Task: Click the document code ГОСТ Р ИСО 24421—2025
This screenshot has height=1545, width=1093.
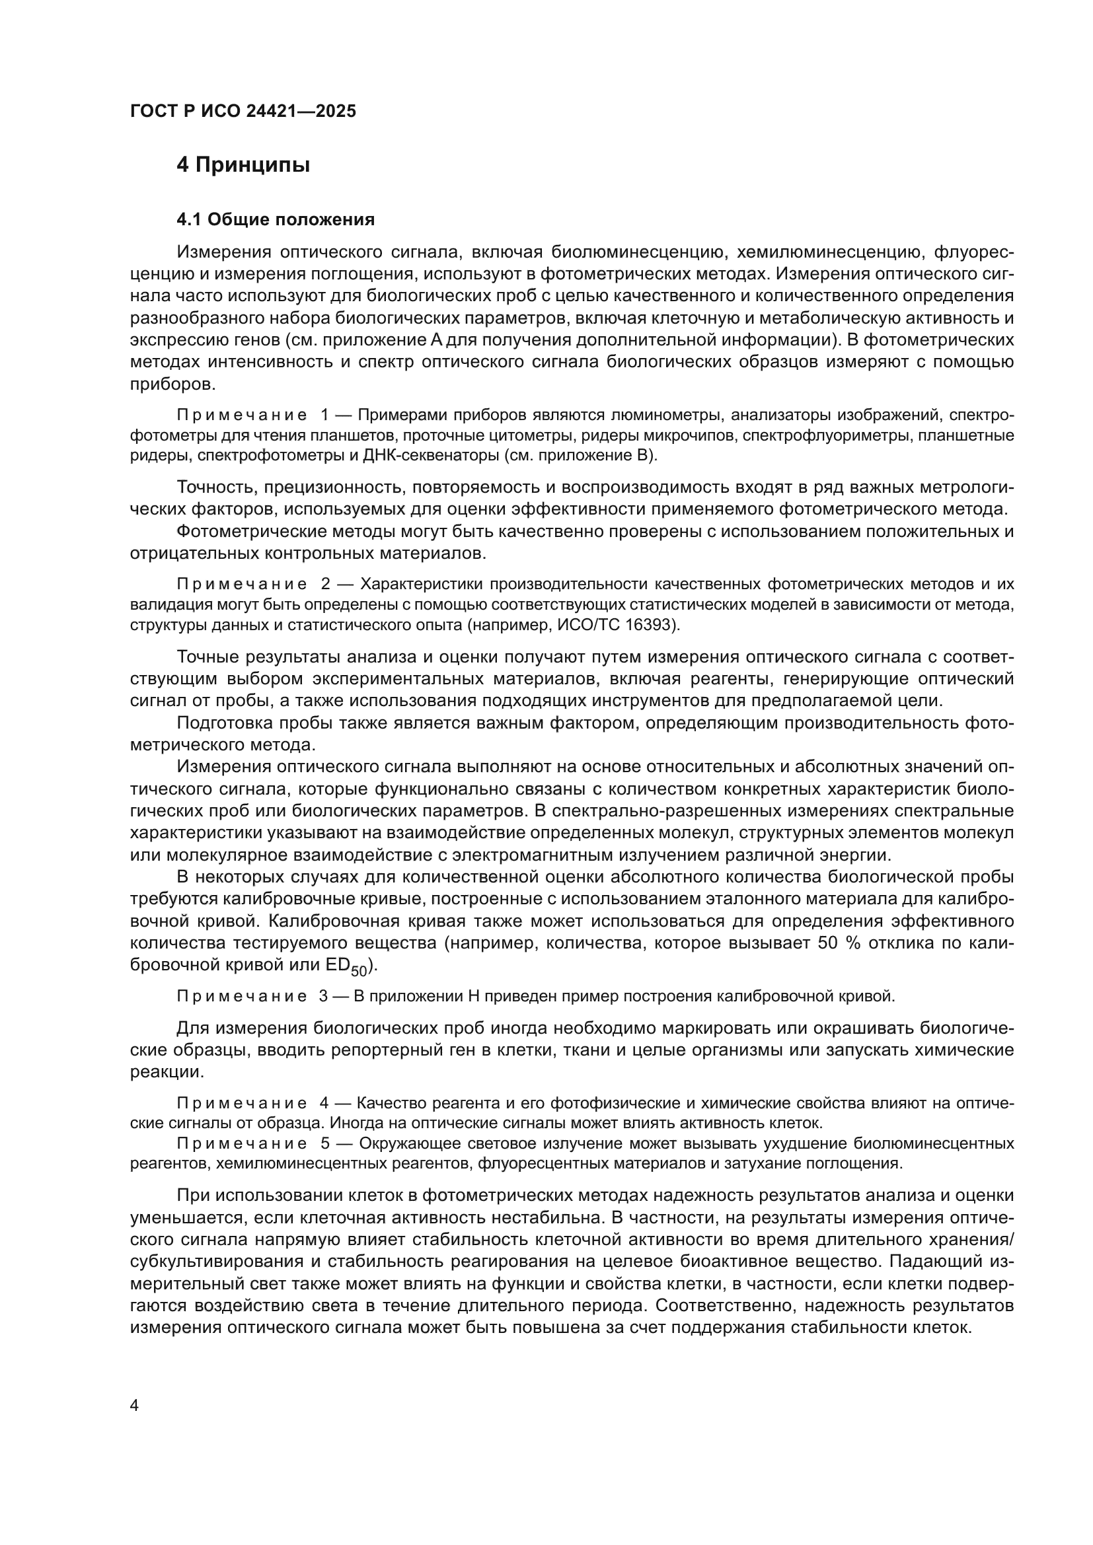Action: (x=243, y=111)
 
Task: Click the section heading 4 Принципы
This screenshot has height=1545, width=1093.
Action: (x=243, y=165)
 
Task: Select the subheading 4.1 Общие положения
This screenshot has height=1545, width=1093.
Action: (x=276, y=219)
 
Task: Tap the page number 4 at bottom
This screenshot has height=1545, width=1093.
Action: (x=134, y=1405)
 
